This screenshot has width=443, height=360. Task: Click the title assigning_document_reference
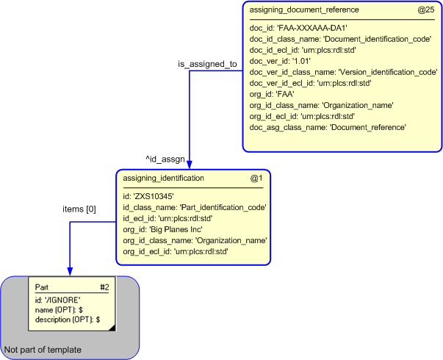304,10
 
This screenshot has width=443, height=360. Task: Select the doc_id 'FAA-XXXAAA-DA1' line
298,27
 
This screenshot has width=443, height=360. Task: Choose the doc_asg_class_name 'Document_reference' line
328,127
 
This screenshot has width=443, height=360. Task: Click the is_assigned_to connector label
207,64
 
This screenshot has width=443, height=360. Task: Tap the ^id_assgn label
165,158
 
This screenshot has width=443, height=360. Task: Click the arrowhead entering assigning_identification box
190,165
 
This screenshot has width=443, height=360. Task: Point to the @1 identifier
256,178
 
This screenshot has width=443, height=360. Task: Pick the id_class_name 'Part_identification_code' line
194,207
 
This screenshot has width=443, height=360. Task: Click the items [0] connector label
79,209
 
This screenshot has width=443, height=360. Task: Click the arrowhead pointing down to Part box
70,271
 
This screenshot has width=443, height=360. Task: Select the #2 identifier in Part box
104,287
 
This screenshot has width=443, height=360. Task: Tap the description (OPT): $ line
68,320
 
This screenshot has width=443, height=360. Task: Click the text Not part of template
43,349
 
